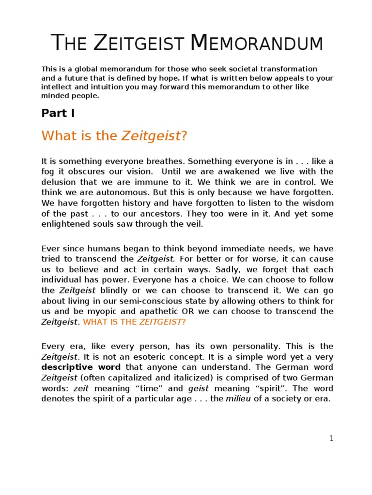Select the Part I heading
click(x=58, y=113)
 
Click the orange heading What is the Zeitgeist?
click(x=114, y=136)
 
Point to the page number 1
click(x=331, y=438)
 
